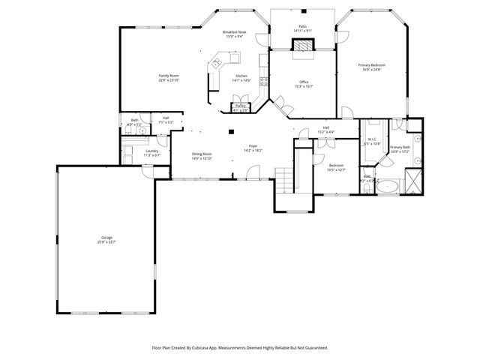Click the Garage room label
point(106,240)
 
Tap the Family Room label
point(168,76)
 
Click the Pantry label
point(241,106)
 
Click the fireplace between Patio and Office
point(302,46)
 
